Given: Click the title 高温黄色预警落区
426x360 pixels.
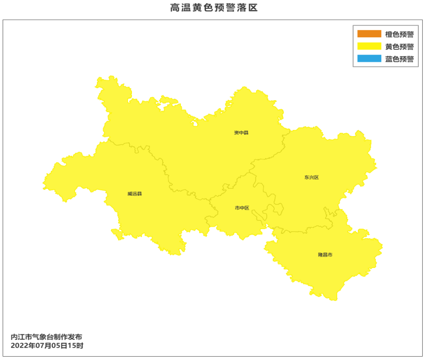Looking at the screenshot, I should pyautogui.click(x=213, y=8).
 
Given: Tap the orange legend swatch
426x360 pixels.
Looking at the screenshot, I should pyautogui.click(x=368, y=34).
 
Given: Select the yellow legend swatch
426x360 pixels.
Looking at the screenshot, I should pyautogui.click(x=368, y=46).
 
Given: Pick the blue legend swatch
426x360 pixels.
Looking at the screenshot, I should pyautogui.click(x=368, y=59).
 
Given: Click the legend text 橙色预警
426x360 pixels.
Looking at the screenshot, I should pyautogui.click(x=399, y=34).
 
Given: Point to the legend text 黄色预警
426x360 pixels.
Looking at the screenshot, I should pyautogui.click(x=399, y=46).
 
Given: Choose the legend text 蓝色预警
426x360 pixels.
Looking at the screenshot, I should pyautogui.click(x=399, y=59).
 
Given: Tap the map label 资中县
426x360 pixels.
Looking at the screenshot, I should pyautogui.click(x=241, y=132).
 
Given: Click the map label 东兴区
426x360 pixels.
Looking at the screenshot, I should pyautogui.click(x=311, y=177).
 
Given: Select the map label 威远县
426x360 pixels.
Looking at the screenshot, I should pyautogui.click(x=135, y=194).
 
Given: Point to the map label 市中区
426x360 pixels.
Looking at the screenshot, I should pyautogui.click(x=242, y=208).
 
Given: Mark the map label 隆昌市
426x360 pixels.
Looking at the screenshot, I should pyautogui.click(x=325, y=255).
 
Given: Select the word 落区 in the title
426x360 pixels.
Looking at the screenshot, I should pyautogui.click(x=248, y=8).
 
